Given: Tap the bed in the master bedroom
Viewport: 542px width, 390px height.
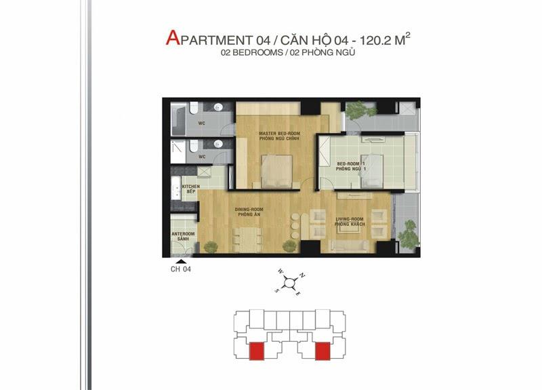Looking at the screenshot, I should click(276, 170).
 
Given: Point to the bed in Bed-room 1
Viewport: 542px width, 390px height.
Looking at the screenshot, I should click(372, 169).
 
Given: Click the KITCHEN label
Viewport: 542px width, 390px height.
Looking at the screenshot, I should click(190, 188).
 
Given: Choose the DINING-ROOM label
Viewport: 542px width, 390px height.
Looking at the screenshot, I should click(249, 211).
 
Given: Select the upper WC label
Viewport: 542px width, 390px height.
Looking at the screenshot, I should click(202, 123).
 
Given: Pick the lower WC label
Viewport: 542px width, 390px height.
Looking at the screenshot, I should click(202, 157).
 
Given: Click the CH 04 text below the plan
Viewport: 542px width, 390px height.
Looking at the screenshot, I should click(181, 269).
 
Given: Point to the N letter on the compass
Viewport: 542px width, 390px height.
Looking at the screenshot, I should click(303, 275).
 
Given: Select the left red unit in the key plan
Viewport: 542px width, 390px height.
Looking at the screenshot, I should click(257, 351).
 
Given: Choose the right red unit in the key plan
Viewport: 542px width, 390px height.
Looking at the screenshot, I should click(322, 351).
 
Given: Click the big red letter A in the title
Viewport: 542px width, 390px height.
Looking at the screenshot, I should click(172, 37).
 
